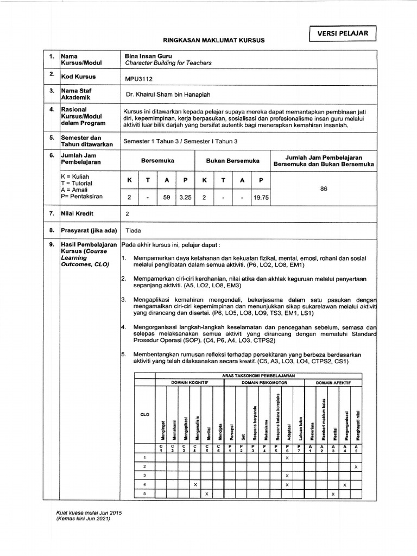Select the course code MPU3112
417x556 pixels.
[139, 78]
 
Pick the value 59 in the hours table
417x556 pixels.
[167, 198]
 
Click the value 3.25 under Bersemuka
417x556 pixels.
[185, 198]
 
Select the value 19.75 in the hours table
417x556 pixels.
[261, 198]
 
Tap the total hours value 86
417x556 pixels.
[324, 189]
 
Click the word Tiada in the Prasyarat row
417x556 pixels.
[133, 231]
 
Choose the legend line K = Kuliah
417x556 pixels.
[76, 177]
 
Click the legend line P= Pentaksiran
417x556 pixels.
[81, 196]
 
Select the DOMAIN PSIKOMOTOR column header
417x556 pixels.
[264, 383]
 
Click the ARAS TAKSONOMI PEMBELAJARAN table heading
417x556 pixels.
[258, 376]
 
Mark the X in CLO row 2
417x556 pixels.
[355, 467]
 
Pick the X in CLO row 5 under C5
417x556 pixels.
[206, 494]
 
